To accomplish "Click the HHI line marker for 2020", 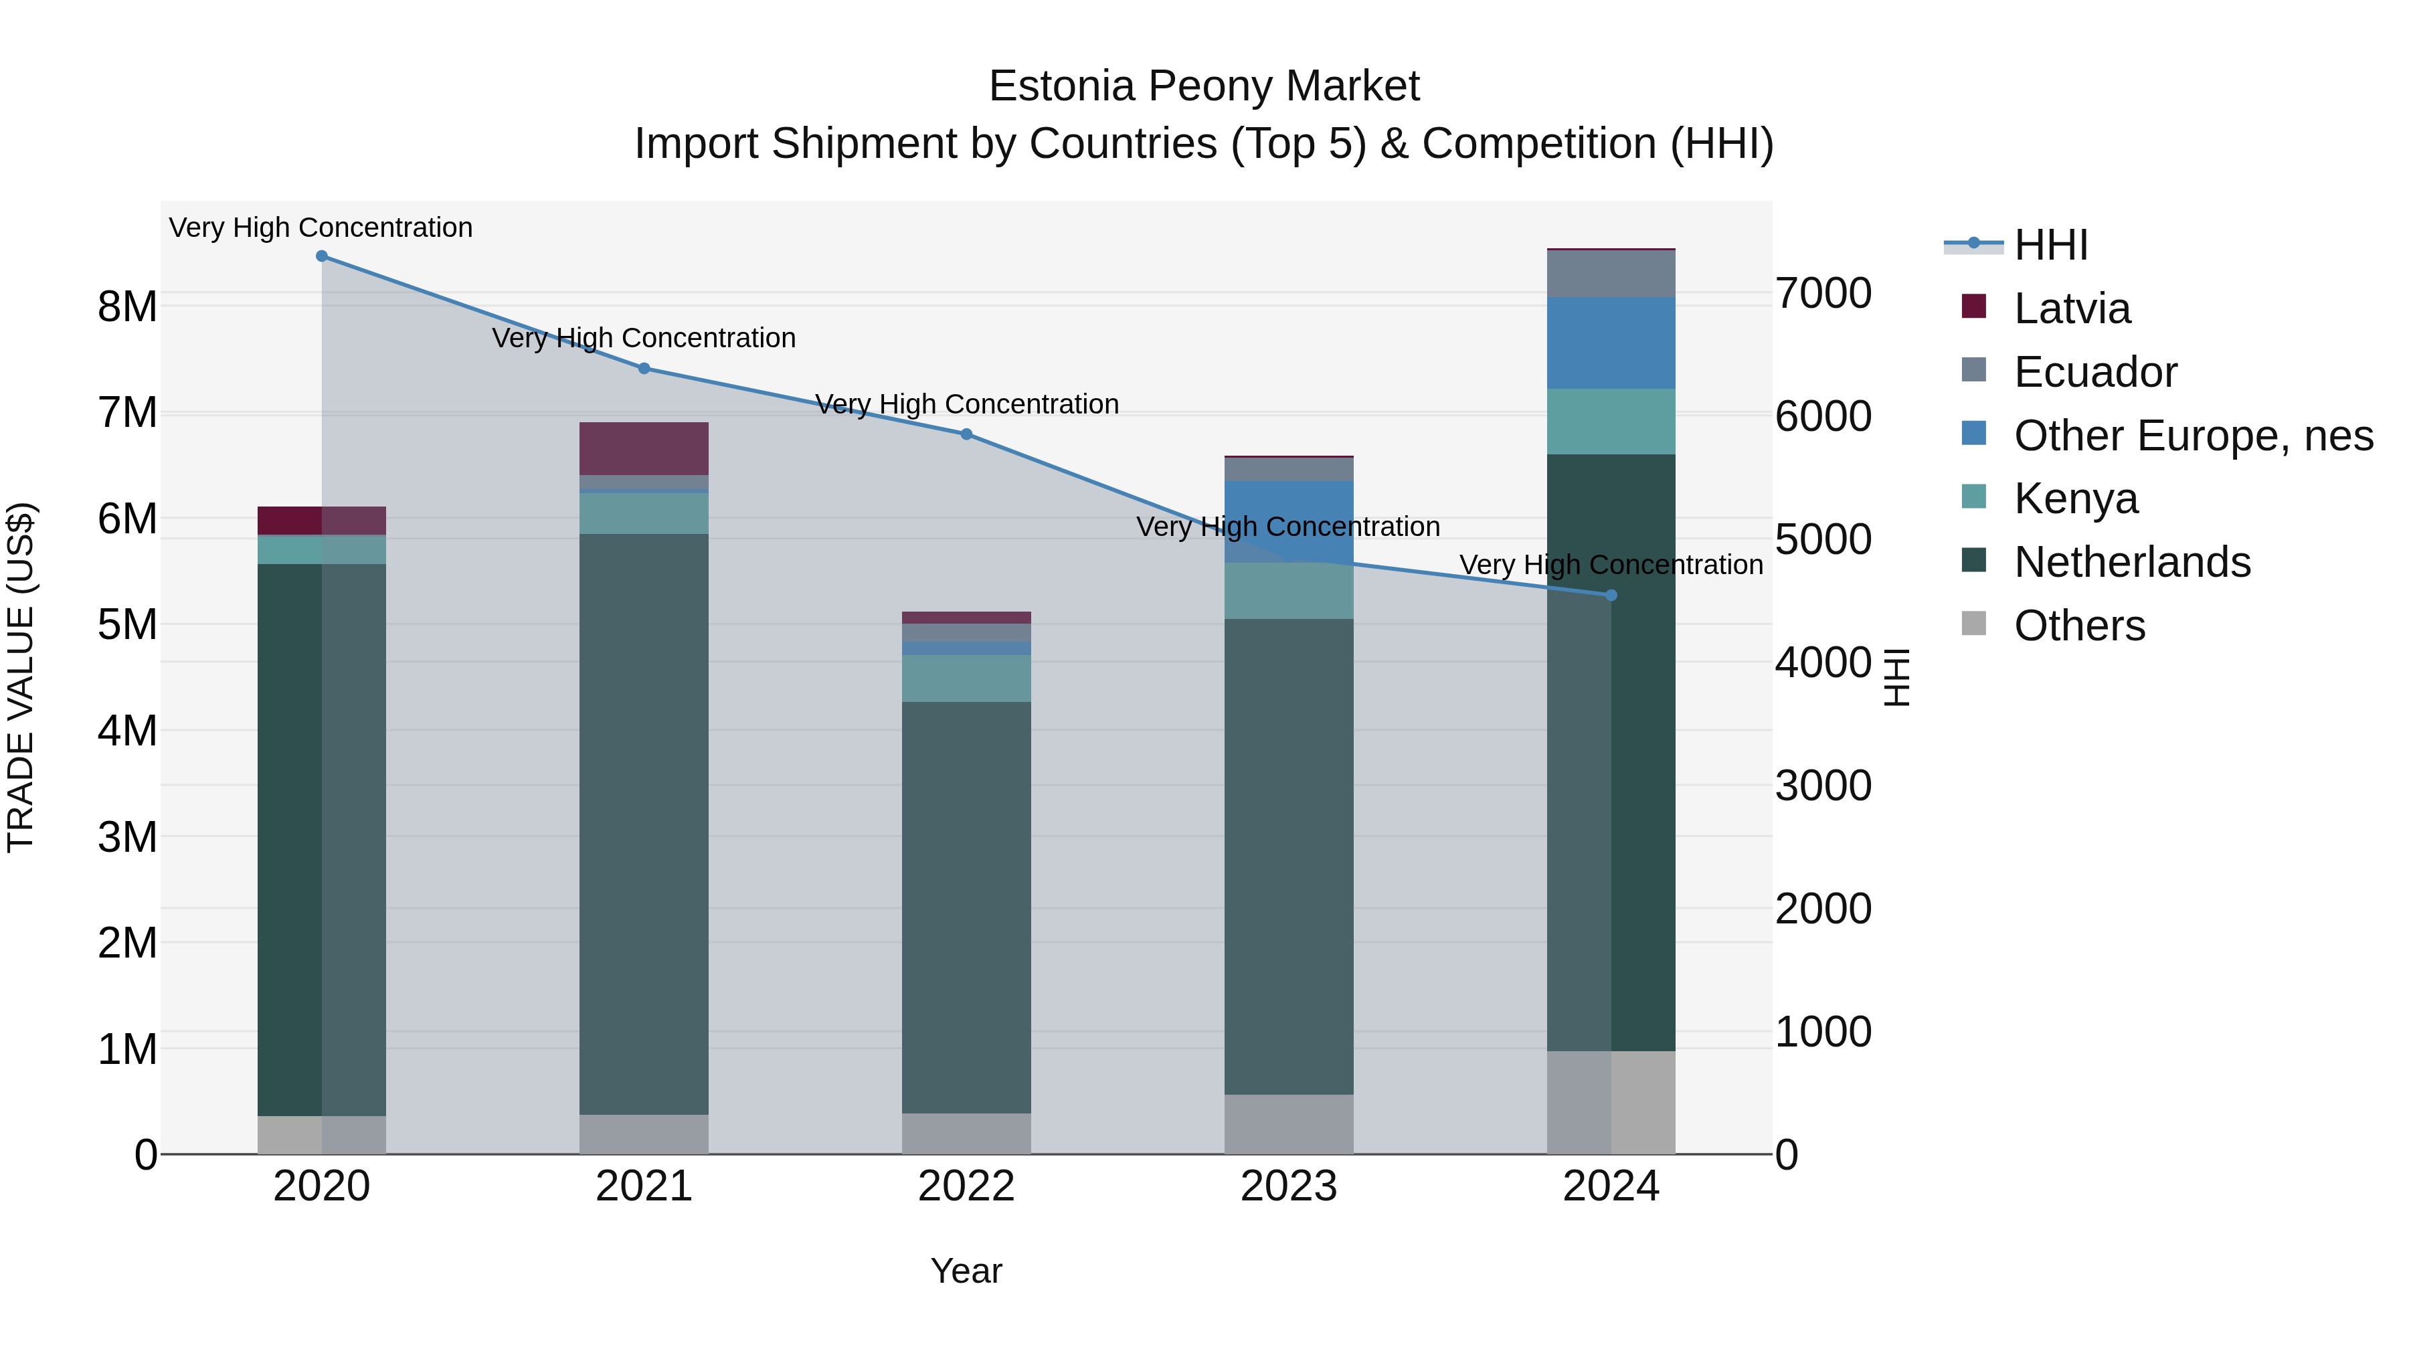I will point(322,256).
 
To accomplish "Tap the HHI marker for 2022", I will point(966,434).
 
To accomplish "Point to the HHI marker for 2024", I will point(1611,596).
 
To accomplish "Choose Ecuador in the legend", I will point(2094,372).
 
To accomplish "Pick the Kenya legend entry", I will point(2075,499).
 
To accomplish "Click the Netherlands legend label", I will point(2131,562).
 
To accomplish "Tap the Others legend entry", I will point(2079,626).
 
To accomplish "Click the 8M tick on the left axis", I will point(127,306).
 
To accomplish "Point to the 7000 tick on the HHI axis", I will point(1823,294).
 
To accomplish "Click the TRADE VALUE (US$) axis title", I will point(21,677).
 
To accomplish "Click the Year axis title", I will point(966,1271).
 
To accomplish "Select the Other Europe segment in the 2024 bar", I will point(1611,342).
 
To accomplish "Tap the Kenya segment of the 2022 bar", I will point(966,678).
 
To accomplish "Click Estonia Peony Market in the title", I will point(1204,86).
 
